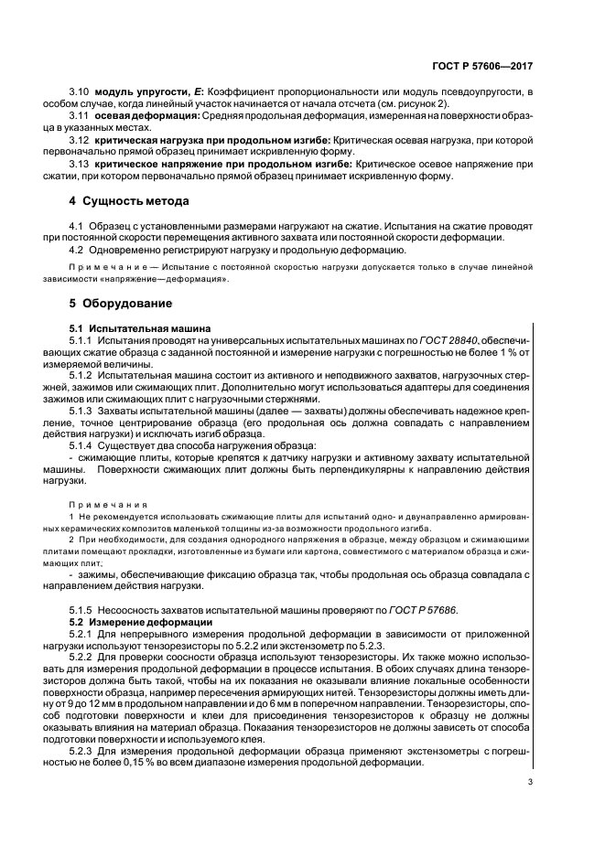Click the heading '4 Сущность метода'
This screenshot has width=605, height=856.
pyautogui.click(x=130, y=200)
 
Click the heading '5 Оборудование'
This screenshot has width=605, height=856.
pyautogui.click(x=122, y=303)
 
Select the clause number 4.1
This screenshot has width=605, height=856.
pyautogui.click(x=77, y=224)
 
